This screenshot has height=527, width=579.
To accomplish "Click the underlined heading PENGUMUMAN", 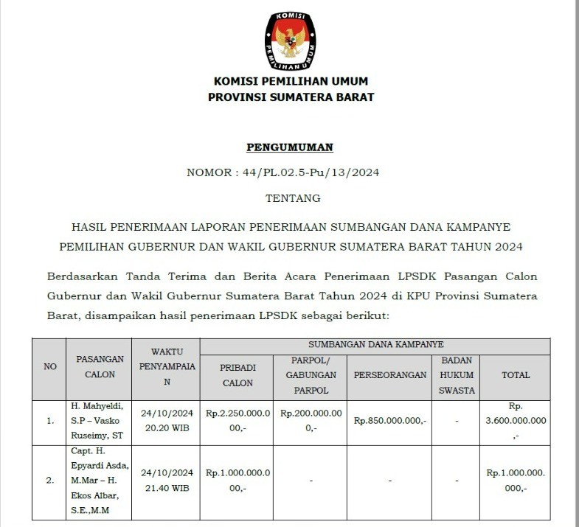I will (x=290, y=147).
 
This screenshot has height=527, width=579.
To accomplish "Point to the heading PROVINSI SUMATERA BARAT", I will (x=291, y=97).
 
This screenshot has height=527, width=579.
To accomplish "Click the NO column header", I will (x=50, y=366).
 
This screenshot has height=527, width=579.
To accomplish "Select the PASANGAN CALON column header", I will (x=100, y=366).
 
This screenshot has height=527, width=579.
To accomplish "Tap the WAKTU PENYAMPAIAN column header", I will (x=167, y=366).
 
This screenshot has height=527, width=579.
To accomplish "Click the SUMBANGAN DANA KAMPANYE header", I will (x=375, y=344).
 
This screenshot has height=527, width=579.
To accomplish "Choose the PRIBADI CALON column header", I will (x=238, y=374).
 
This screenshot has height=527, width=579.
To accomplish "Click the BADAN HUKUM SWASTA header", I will (x=457, y=374).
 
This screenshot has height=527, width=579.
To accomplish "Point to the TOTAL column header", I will (x=516, y=374).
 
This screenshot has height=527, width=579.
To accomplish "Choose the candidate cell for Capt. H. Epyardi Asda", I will (x=100, y=480).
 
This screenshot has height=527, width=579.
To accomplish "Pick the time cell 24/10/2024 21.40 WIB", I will (x=167, y=480).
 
